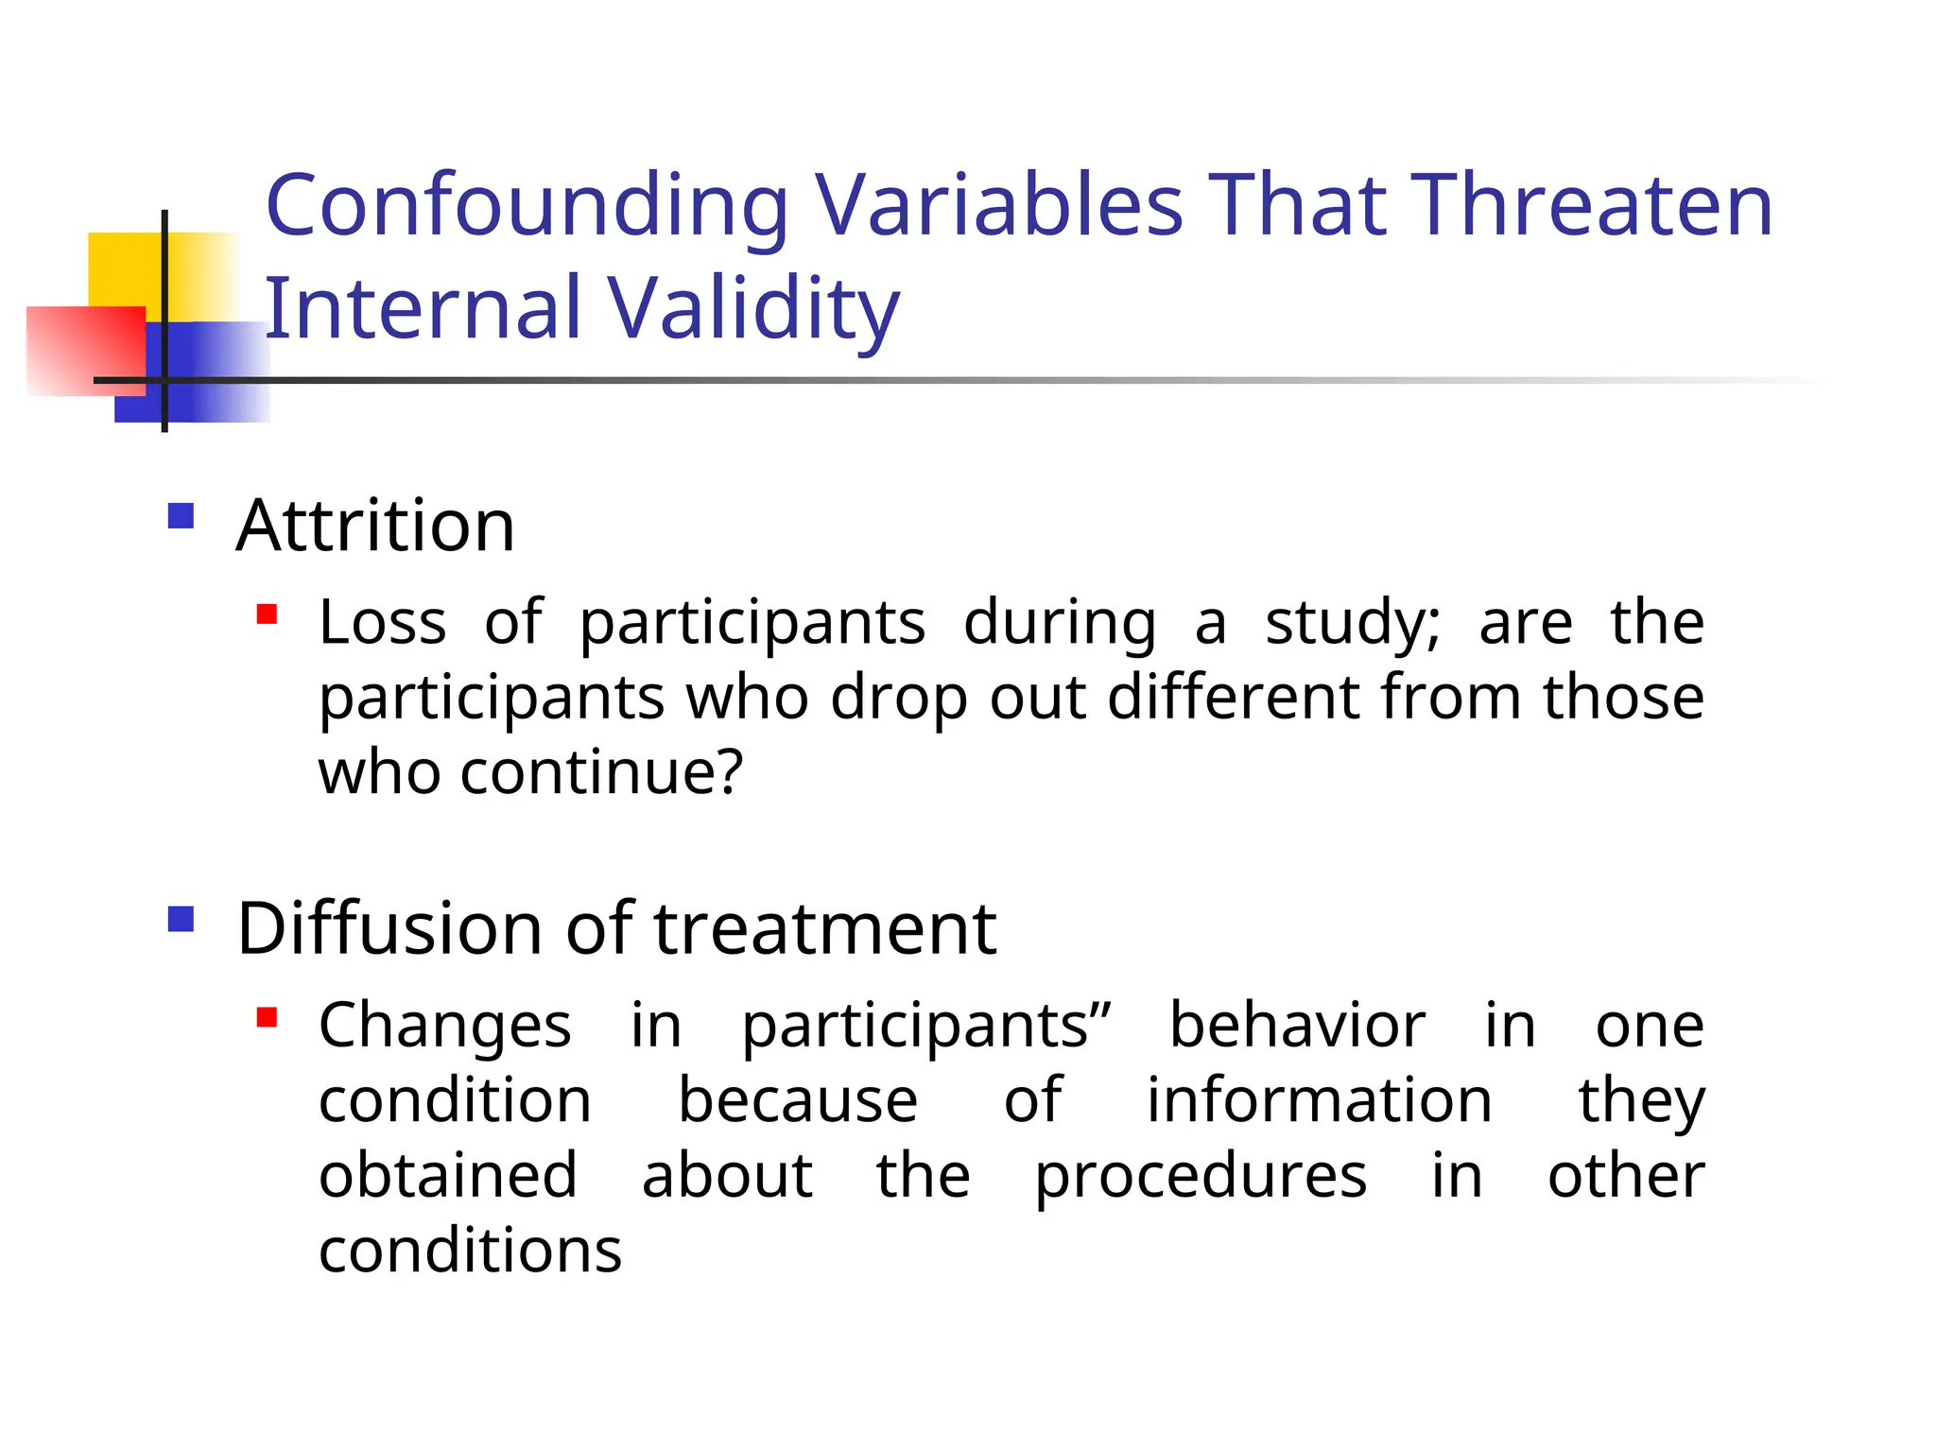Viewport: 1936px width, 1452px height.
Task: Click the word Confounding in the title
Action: tap(527, 206)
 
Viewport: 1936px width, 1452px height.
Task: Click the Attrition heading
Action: tap(375, 526)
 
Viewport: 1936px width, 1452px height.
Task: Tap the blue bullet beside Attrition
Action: tap(181, 516)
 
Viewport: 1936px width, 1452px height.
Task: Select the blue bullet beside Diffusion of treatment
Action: tap(181, 919)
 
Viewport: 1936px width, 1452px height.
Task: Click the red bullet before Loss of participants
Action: tap(267, 615)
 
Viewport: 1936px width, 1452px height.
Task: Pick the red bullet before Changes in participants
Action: tap(267, 1018)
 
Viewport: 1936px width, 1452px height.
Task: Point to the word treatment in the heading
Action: tap(824, 928)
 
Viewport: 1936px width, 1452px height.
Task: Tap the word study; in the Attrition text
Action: tap(1353, 624)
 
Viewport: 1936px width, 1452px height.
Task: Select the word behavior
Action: tap(1297, 1026)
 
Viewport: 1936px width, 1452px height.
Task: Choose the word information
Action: tap(1319, 1100)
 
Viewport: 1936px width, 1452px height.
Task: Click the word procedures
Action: tap(1201, 1177)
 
